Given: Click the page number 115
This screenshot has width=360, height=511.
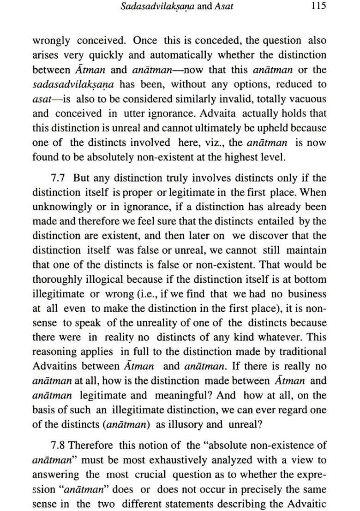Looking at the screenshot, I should pyautogui.click(x=318, y=6).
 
